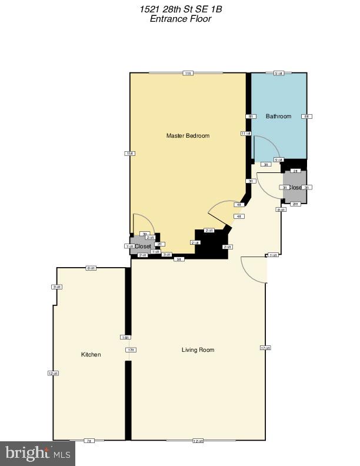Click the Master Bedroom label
tap(188, 136)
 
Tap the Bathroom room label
tap(278, 116)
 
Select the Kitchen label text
tap(91, 355)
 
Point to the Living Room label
tap(198, 350)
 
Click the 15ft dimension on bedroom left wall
tap(129, 154)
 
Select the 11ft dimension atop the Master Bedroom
tap(188, 74)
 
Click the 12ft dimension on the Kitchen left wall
tap(53, 373)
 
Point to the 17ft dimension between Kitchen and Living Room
tap(131, 350)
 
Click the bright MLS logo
tap(38, 453)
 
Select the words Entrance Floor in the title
tap(180, 19)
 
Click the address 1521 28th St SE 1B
tap(180, 9)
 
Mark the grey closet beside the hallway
tap(295, 188)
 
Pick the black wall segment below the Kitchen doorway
tap(128, 400)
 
